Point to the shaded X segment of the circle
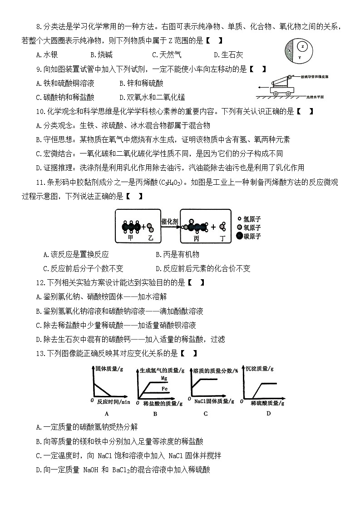[289, 50]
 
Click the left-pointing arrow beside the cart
[262, 86]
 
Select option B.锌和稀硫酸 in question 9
[141, 84]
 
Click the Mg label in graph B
[164, 378]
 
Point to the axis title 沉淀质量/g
[259, 369]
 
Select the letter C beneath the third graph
[206, 413]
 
